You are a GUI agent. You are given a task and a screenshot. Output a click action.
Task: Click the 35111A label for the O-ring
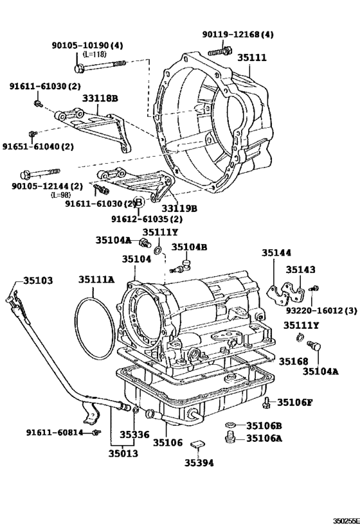tap(96, 279)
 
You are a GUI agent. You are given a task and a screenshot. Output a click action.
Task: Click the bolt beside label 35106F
tap(266, 403)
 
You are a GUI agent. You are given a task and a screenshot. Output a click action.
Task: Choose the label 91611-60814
tap(55, 432)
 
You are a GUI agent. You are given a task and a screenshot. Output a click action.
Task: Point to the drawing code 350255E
tap(345, 521)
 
